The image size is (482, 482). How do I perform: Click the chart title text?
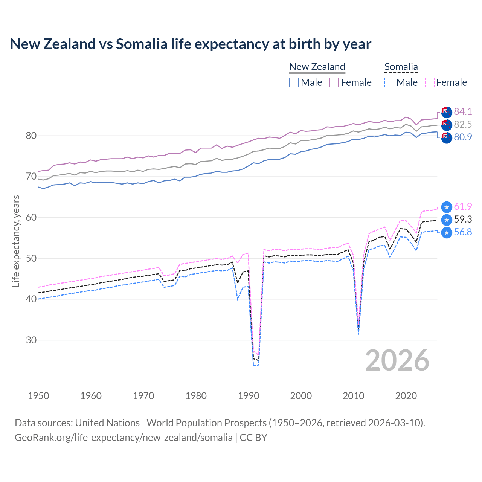[x=191, y=44]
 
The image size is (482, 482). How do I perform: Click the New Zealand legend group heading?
[x=317, y=67]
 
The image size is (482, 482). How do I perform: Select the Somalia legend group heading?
[x=401, y=67]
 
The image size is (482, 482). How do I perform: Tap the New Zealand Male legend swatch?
[x=294, y=82]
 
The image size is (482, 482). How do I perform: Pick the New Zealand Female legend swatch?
[x=334, y=82]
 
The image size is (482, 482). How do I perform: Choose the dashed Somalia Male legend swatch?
[x=389, y=82]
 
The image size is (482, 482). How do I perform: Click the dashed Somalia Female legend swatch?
[x=429, y=82]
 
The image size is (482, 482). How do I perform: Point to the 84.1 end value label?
[x=463, y=111]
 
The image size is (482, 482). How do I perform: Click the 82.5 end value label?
[x=463, y=124]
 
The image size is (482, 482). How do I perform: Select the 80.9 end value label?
[x=463, y=137]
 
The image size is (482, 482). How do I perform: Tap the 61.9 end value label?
[x=463, y=206]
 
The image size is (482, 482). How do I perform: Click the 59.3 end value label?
[x=463, y=219]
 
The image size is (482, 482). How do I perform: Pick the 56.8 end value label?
[x=463, y=232]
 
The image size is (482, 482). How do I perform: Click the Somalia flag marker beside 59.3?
[x=447, y=220]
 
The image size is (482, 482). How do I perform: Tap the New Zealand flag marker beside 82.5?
[x=447, y=125]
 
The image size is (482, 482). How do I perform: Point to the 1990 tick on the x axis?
[x=249, y=396]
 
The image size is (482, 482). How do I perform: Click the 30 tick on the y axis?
[x=31, y=340]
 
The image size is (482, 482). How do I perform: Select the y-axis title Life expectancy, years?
[x=16, y=241]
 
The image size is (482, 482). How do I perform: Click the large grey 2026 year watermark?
[x=397, y=360]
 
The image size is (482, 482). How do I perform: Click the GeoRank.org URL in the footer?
[x=124, y=437]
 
